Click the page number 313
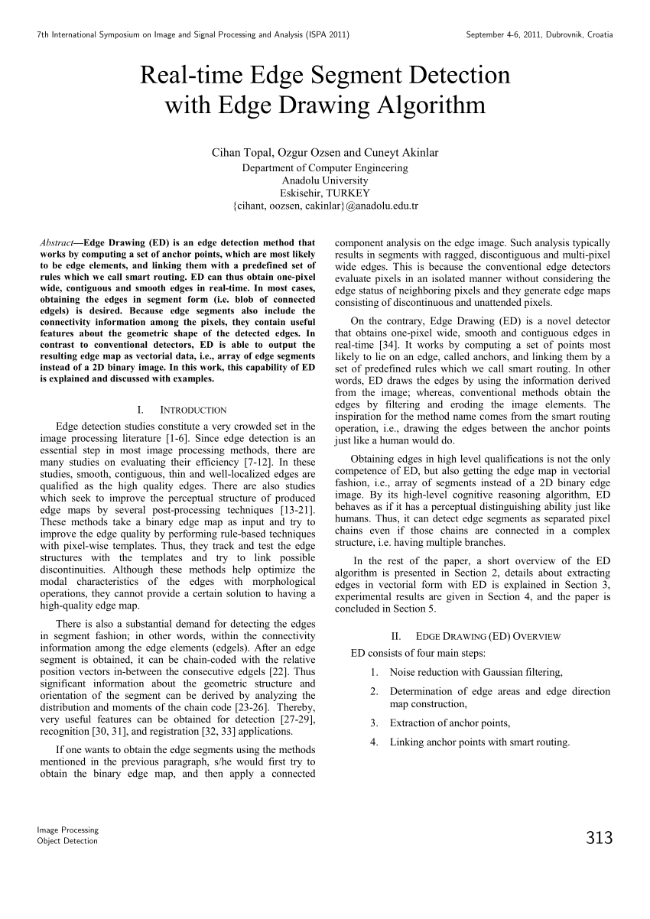(600, 838)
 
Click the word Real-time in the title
(189, 75)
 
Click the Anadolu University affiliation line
(325, 180)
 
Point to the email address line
(325, 206)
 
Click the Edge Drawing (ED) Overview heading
(488, 635)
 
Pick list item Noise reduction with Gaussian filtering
(476, 672)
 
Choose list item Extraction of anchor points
(450, 723)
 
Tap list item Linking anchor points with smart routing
(479, 742)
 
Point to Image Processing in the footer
(68, 830)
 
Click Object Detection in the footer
(67, 841)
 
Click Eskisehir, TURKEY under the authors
(325, 193)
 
